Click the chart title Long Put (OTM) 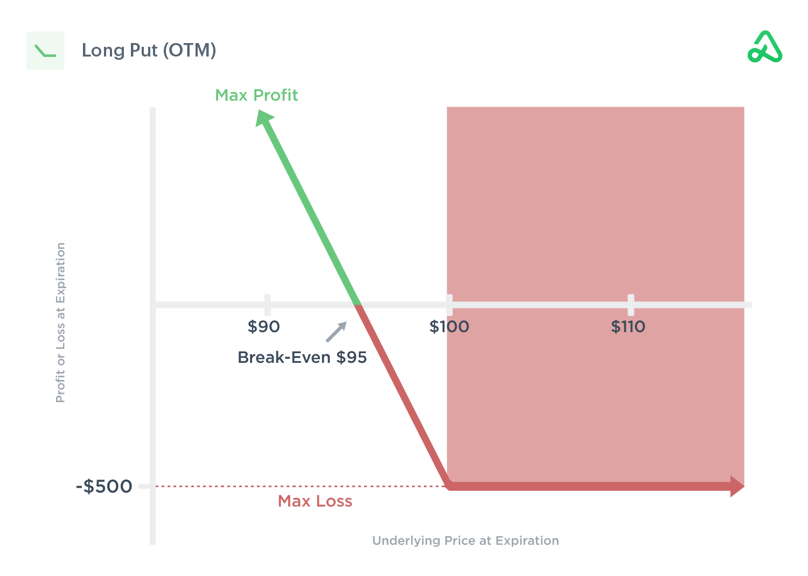coord(149,51)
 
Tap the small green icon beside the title coord(45,51)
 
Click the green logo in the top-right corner coord(765,47)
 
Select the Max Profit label coord(256,95)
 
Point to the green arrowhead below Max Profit coord(264,118)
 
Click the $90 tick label coord(263,327)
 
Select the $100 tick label coord(449,327)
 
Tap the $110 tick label coord(628,327)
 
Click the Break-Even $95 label coord(302,357)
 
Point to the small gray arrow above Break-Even coord(337,332)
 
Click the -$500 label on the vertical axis coord(104,486)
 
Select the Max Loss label coord(315,501)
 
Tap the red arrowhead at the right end coord(737,486)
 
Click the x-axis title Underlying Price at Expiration coord(465,540)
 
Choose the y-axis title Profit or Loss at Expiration coord(60,322)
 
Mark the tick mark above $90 coord(267,305)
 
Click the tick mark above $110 coord(631,305)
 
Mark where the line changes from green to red coord(357,305)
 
